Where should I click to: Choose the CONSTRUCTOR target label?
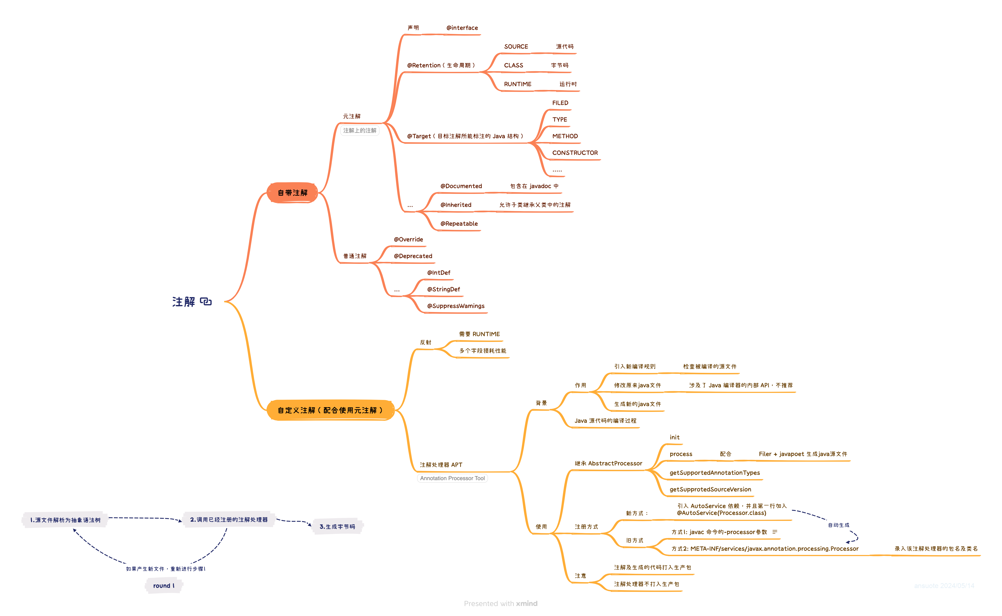(x=575, y=153)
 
